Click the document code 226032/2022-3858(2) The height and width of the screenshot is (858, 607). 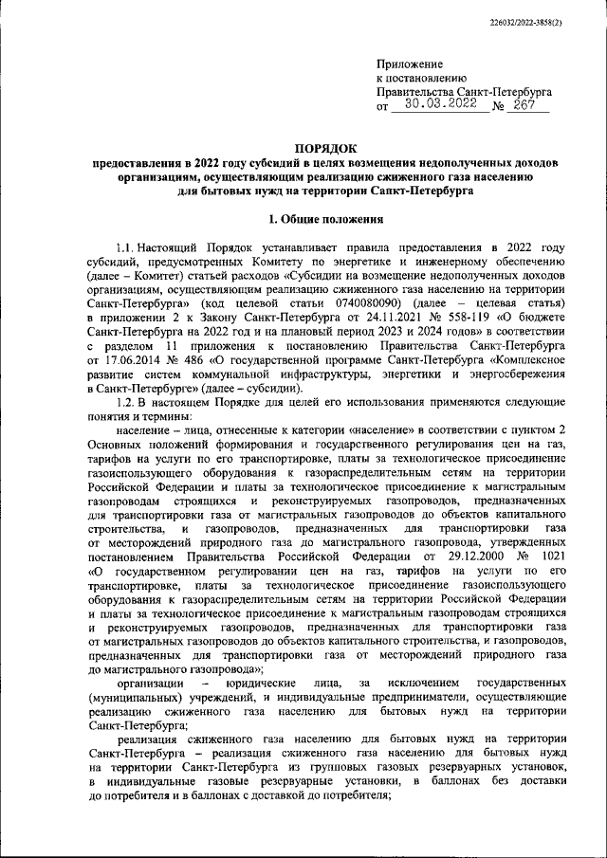550,20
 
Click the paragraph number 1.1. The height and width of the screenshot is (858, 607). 126,247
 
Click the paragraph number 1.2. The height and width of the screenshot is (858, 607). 126,403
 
